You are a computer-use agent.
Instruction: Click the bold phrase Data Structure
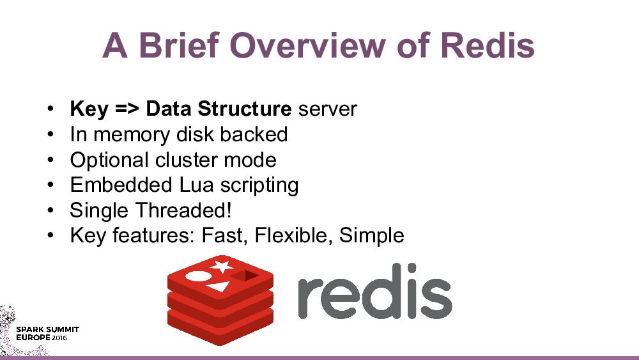click(219, 109)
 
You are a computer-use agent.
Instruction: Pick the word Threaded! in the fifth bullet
click(183, 210)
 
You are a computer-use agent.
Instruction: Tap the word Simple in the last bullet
click(372, 235)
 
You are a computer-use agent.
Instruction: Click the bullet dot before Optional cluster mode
click(49, 160)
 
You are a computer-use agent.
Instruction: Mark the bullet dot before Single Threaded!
click(49, 210)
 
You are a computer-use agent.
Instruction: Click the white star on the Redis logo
click(221, 265)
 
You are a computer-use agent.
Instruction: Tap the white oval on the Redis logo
click(197, 276)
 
